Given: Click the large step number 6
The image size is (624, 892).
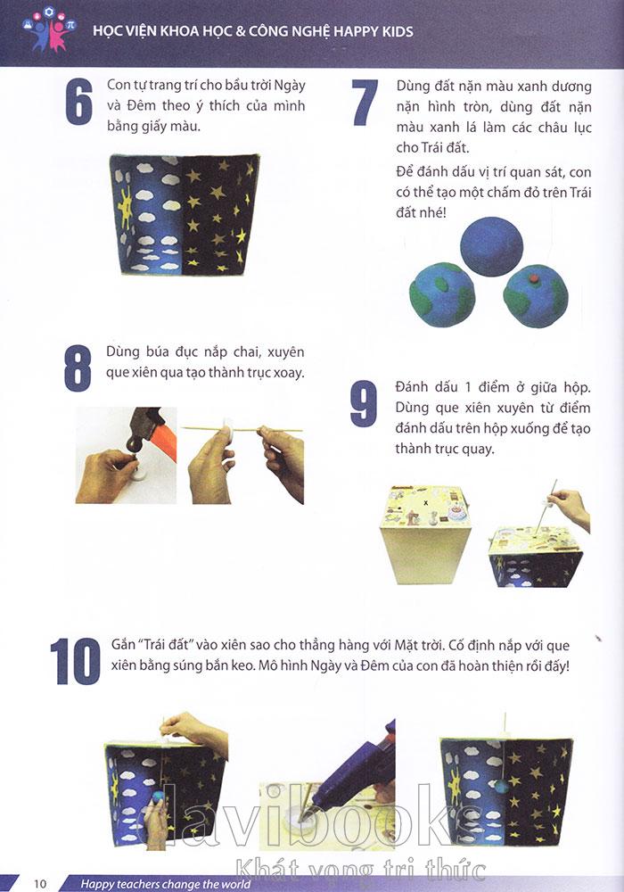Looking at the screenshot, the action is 79,103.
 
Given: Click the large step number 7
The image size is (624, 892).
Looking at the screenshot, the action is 365,103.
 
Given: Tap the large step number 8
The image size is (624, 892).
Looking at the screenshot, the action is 78,368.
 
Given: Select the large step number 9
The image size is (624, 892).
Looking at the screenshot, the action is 364,403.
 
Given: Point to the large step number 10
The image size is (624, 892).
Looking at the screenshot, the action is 75,661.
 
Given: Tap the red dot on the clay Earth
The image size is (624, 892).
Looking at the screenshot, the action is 534,277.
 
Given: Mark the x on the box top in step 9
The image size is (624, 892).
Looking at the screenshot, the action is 426,502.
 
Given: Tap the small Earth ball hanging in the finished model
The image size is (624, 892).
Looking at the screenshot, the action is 501,787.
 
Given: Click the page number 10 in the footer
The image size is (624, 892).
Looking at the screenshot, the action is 40,883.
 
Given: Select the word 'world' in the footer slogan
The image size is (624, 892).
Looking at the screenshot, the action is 234,884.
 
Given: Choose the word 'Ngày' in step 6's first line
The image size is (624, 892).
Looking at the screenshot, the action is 290,87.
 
